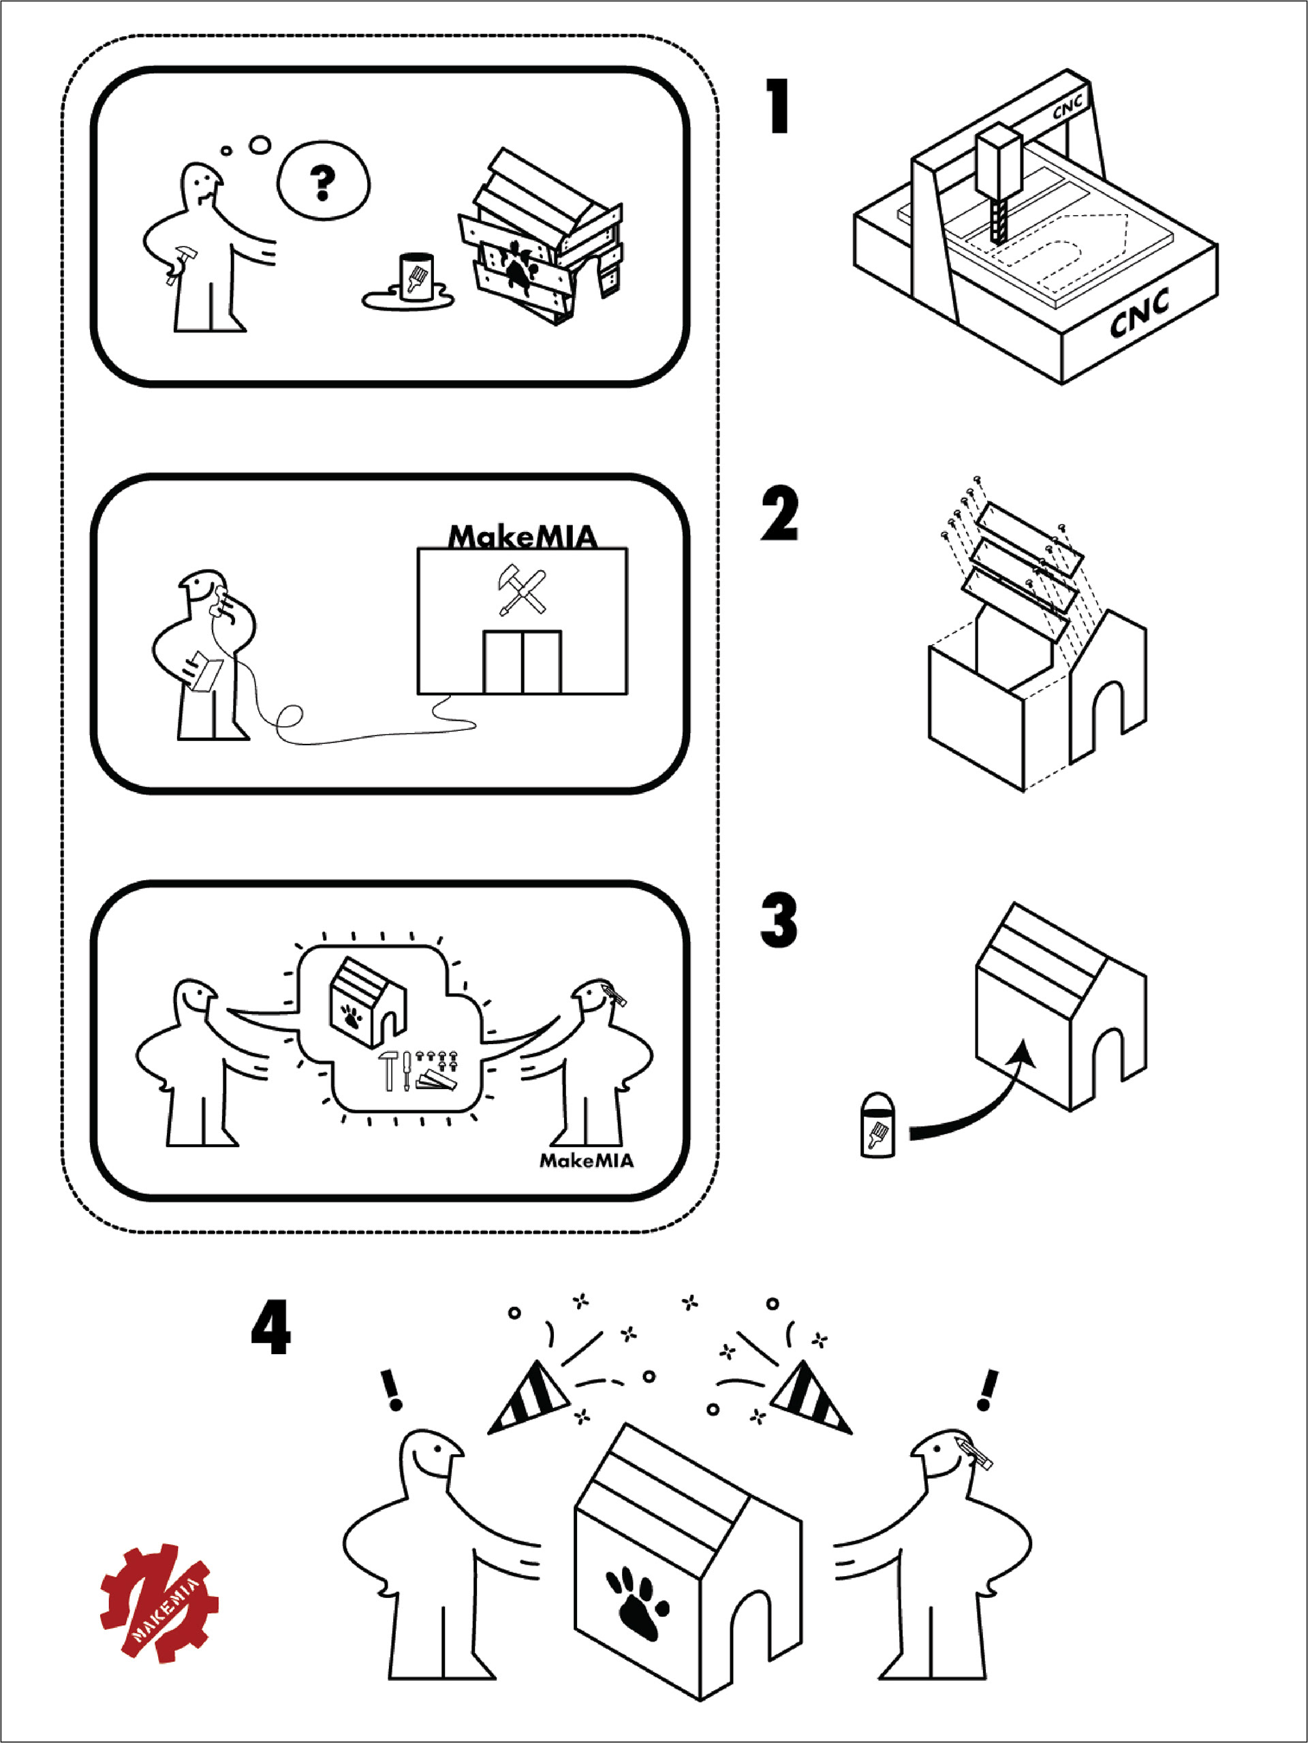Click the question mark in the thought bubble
pos(322,182)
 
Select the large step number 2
pos(779,514)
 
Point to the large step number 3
pos(779,920)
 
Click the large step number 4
pos(271,1328)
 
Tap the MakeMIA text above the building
pos(523,537)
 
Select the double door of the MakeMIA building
pos(523,662)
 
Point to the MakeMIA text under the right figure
pos(587,1160)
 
